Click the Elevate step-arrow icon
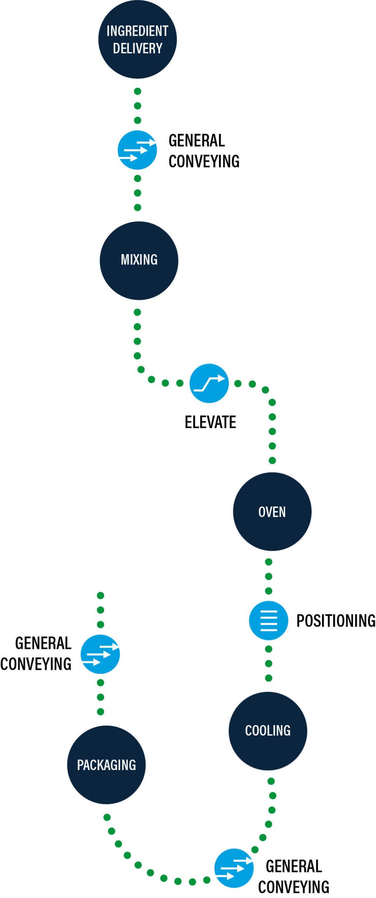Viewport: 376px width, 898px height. coord(209,383)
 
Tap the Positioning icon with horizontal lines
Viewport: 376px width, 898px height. coord(268,620)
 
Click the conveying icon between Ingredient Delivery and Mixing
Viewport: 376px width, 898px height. coord(137,150)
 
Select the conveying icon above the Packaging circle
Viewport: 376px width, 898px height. coord(100,654)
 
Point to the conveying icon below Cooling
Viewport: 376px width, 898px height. coord(234,868)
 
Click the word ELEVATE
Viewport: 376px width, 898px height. coord(210,422)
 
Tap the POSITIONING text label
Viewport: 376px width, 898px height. coord(336,621)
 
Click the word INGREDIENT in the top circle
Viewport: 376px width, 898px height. coord(137,31)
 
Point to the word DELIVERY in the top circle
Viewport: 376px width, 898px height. coord(137,48)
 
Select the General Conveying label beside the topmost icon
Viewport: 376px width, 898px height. coord(204,151)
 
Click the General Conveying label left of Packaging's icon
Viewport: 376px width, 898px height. coord(36,654)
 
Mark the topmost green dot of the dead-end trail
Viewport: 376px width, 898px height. coord(101,595)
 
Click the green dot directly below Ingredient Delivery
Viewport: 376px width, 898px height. coord(138,92)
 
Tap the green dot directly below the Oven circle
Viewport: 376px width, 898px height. coord(269,562)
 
